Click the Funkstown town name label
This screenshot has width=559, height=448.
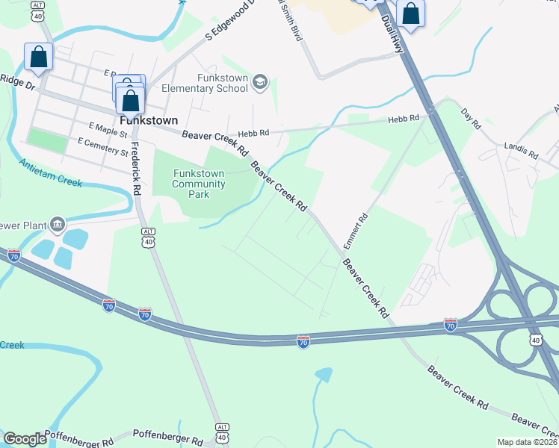[x=149, y=119]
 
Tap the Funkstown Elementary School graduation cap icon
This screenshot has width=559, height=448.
[x=260, y=81]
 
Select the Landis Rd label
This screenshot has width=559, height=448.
[x=521, y=150]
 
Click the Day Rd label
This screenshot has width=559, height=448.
[x=469, y=117]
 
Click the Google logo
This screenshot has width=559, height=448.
[x=25, y=439]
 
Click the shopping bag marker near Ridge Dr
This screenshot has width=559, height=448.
[x=38, y=57]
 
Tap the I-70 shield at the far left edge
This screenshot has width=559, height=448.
[x=13, y=255]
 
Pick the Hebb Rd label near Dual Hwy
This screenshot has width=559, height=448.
[x=404, y=119]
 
